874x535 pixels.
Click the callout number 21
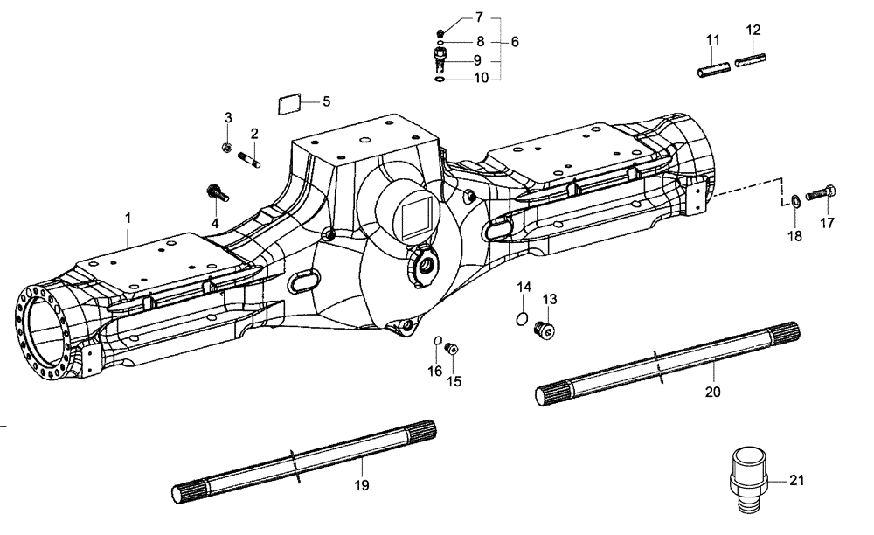tap(796, 480)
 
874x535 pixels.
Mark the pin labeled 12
tap(751, 63)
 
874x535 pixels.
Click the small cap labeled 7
tap(441, 32)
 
